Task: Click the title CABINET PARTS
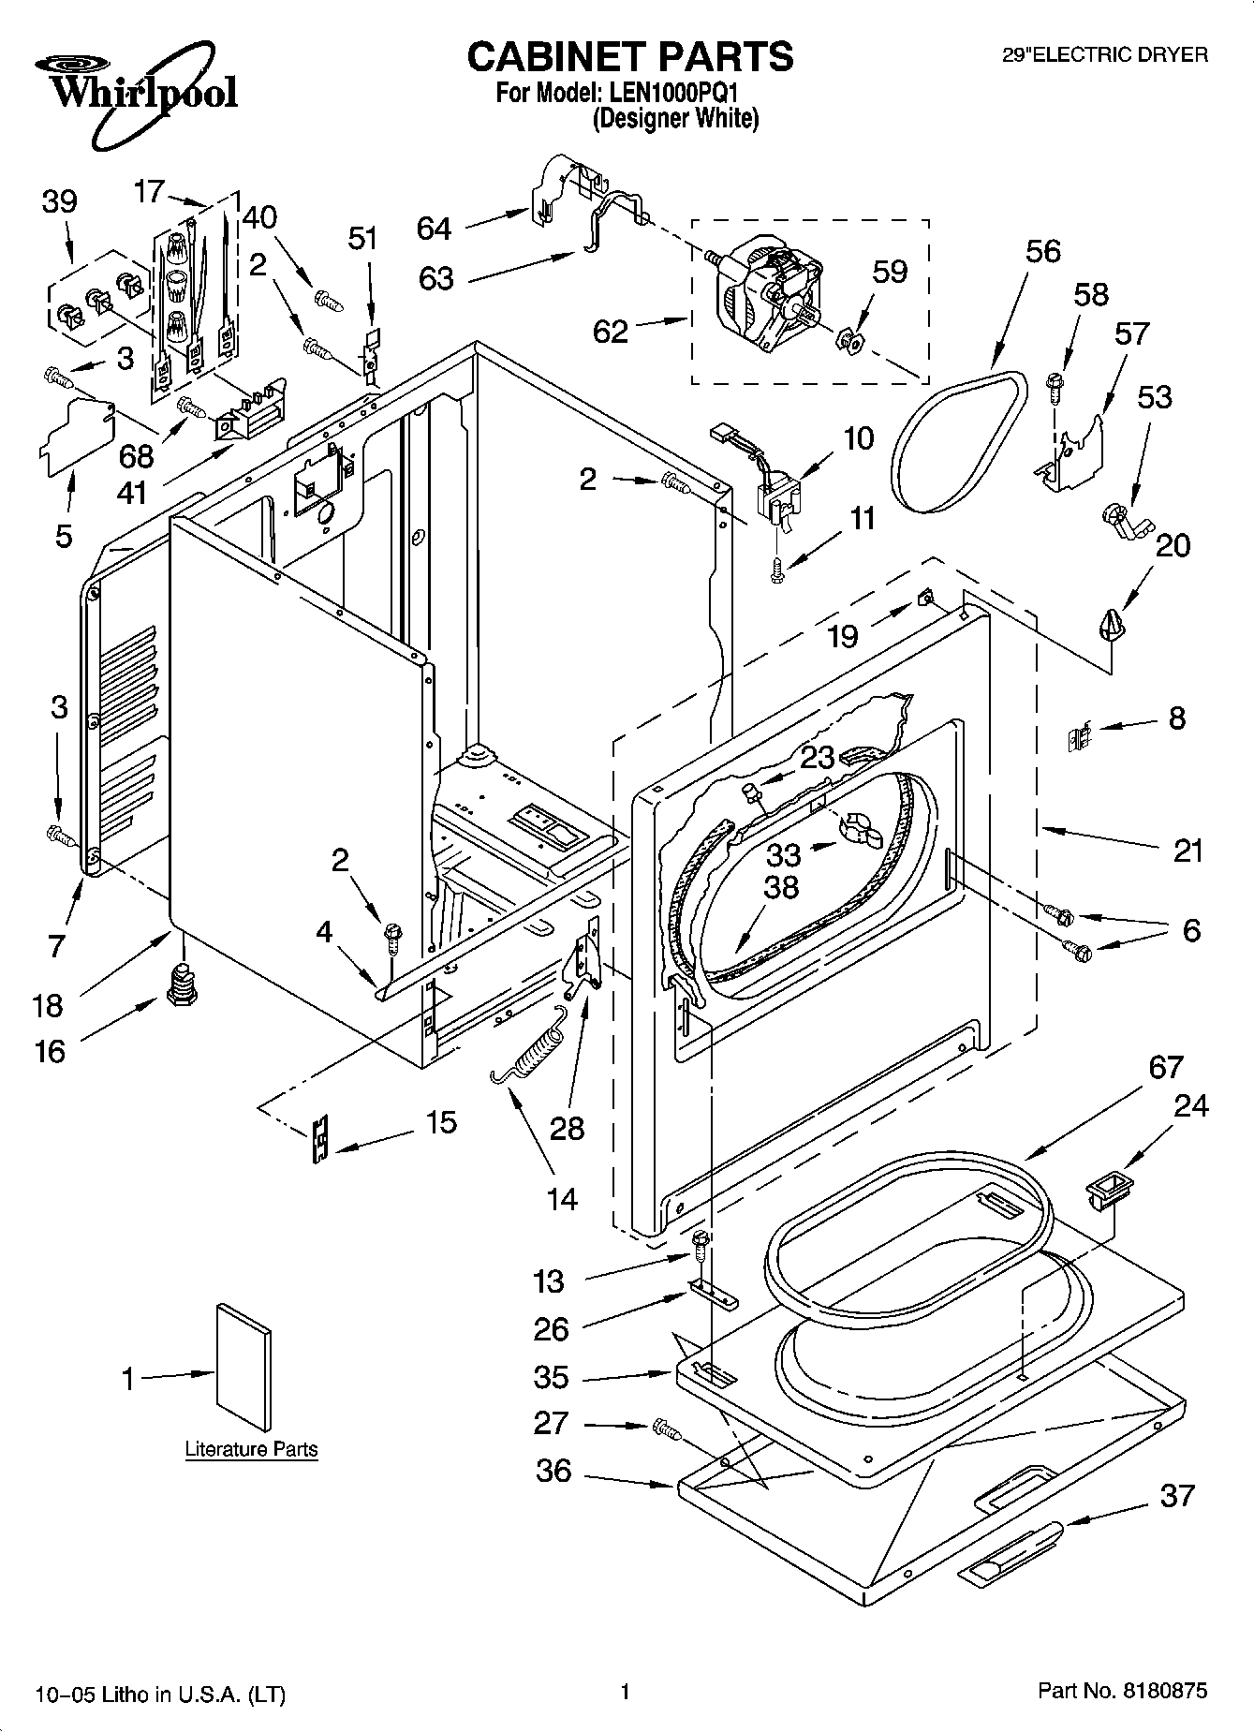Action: click(630, 57)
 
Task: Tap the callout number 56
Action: click(1042, 250)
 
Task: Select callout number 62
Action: click(611, 331)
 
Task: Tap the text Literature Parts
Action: click(251, 1449)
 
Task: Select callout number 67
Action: click(1166, 1068)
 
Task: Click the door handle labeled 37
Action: click(1011, 1549)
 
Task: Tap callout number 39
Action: click(59, 202)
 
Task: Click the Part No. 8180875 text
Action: click(1123, 1692)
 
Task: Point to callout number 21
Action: click(1187, 851)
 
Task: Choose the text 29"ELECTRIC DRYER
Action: click(1105, 55)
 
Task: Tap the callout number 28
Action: click(567, 1129)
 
